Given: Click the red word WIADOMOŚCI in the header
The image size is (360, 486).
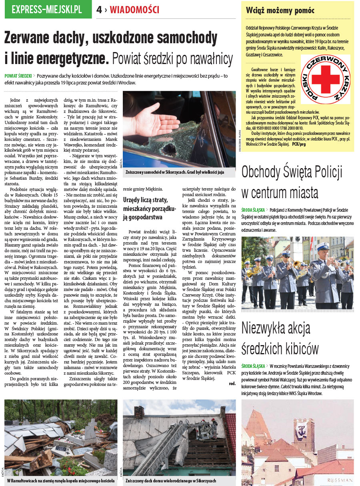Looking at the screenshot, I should coord(134,10).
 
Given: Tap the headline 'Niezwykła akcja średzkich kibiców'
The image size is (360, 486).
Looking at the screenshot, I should coord(280,338).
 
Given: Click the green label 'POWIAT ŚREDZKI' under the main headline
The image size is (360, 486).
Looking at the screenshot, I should coord(18,76).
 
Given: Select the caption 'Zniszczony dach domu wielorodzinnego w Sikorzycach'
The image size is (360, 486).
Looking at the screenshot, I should coord(171,480).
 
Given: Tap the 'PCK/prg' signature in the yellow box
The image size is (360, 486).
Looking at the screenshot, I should coord(299,143).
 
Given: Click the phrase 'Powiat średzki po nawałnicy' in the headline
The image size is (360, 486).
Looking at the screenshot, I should coord(172,59).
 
